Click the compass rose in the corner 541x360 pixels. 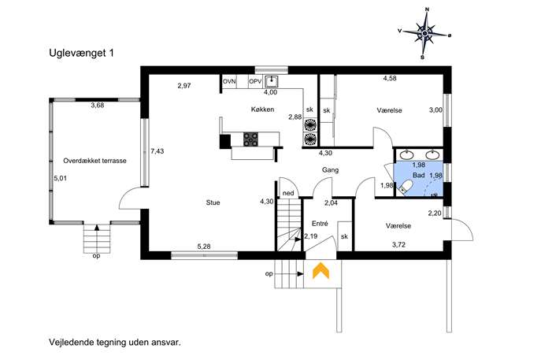click(425, 33)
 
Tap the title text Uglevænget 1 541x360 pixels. click(81, 53)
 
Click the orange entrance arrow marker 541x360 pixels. click(321, 270)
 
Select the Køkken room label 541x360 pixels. click(262, 109)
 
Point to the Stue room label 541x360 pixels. click(213, 202)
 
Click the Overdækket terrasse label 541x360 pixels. click(94, 161)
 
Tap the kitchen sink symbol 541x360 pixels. click(272, 81)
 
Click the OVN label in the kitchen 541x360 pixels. click(229, 81)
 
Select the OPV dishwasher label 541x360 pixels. click(256, 81)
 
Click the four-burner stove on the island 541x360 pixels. click(251, 139)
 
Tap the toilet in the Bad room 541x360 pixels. click(404, 187)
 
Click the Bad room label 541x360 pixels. click(418, 176)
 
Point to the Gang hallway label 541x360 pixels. click(330, 170)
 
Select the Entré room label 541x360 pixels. click(320, 224)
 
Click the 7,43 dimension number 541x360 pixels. click(157, 151)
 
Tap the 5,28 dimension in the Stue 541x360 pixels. click(204, 247)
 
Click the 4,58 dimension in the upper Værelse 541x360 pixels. click(390, 78)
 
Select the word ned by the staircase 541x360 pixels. click(288, 193)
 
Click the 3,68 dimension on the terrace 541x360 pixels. click(98, 106)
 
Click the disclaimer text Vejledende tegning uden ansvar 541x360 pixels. click(115, 343)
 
